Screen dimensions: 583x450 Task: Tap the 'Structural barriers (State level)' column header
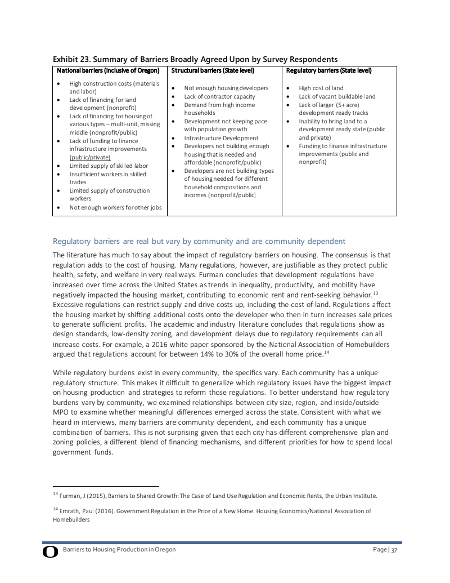click(x=213, y=71)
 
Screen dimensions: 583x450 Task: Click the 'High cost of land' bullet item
click(x=321, y=88)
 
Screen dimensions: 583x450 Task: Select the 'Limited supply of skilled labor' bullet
click(x=109, y=166)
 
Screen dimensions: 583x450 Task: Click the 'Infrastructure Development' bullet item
click(x=221, y=138)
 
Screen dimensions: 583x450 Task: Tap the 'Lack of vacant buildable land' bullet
click(x=337, y=97)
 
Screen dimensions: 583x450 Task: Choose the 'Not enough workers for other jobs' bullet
click(x=115, y=207)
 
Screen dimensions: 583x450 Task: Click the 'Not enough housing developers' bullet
click(x=226, y=88)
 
